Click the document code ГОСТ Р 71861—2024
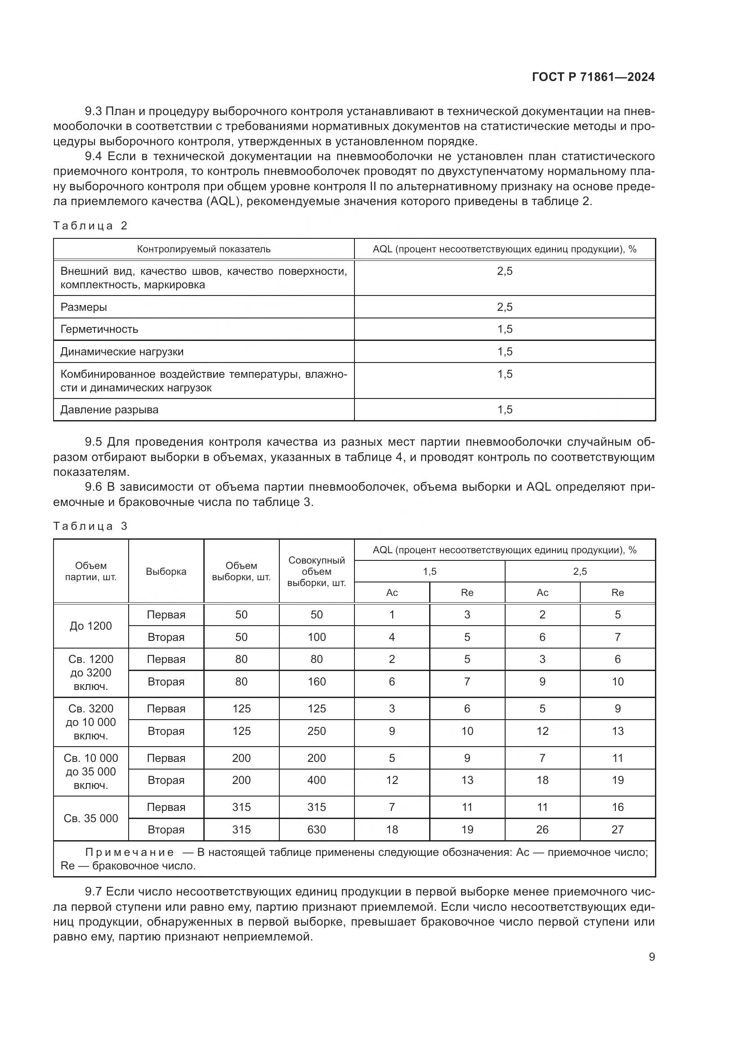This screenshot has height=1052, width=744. tap(593, 77)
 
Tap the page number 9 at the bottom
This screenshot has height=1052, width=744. tap(651, 957)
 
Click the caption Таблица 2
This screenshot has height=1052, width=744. tap(90, 225)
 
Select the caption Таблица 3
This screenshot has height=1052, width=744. tap(90, 526)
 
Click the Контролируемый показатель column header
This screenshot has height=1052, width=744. tap(204, 249)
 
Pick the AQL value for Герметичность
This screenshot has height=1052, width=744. tap(505, 329)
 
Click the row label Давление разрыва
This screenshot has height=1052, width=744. tap(109, 410)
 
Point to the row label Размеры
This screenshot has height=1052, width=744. tap(84, 307)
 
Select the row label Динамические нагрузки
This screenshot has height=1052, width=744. tap(122, 352)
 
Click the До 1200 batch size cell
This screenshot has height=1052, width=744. tap(91, 626)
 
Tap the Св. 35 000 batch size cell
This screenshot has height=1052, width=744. tap(91, 818)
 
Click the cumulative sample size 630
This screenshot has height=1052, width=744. tap(317, 830)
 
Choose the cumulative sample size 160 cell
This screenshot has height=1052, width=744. tap(317, 682)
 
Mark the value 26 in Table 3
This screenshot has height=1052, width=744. tap(542, 830)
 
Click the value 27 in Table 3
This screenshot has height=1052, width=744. tap(618, 830)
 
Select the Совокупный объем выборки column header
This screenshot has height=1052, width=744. tap(317, 571)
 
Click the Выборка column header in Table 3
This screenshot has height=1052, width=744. tap(166, 571)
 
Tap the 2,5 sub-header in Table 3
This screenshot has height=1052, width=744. tap(580, 571)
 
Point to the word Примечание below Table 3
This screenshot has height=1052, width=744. tap(130, 852)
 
